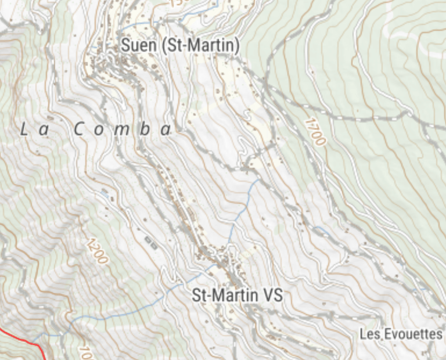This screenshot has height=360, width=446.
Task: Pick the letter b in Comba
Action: [x=144, y=129]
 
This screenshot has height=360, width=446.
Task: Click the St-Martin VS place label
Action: [x=237, y=295]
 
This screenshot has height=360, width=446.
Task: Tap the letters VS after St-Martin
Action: [x=272, y=295]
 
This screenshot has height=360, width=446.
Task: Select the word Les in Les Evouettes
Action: [x=369, y=334]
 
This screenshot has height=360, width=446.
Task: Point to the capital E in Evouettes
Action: [x=387, y=334]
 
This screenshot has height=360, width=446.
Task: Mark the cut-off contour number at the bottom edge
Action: [x=85, y=353]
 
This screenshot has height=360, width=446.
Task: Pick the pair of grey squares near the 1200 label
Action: [x=150, y=242]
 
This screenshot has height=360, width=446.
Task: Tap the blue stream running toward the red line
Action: [x=116, y=315]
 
